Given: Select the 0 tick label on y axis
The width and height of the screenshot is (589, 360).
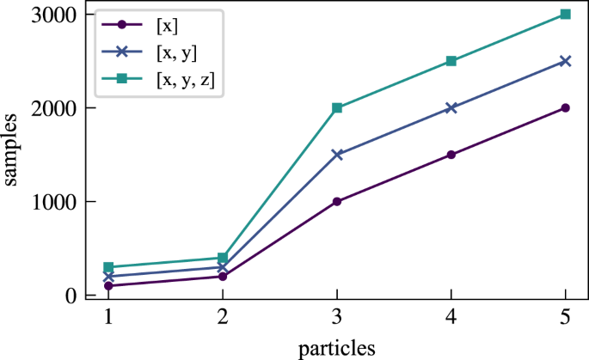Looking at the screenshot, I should (71, 296).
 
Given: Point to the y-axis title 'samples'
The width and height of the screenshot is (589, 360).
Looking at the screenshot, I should (15, 154).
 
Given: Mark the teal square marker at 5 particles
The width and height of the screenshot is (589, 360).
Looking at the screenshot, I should (565, 15).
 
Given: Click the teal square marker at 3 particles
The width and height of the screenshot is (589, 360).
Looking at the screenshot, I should (337, 108).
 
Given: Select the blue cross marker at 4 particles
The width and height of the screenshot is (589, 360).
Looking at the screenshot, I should (451, 108).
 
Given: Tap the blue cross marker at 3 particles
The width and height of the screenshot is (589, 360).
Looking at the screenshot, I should (337, 155).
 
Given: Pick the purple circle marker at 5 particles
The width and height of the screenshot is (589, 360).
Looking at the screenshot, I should (565, 108).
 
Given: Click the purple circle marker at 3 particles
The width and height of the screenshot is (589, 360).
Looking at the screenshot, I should (337, 202).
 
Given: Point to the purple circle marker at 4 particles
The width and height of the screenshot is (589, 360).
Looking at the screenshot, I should (451, 155).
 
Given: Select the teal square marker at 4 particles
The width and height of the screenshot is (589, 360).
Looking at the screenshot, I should (451, 61).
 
